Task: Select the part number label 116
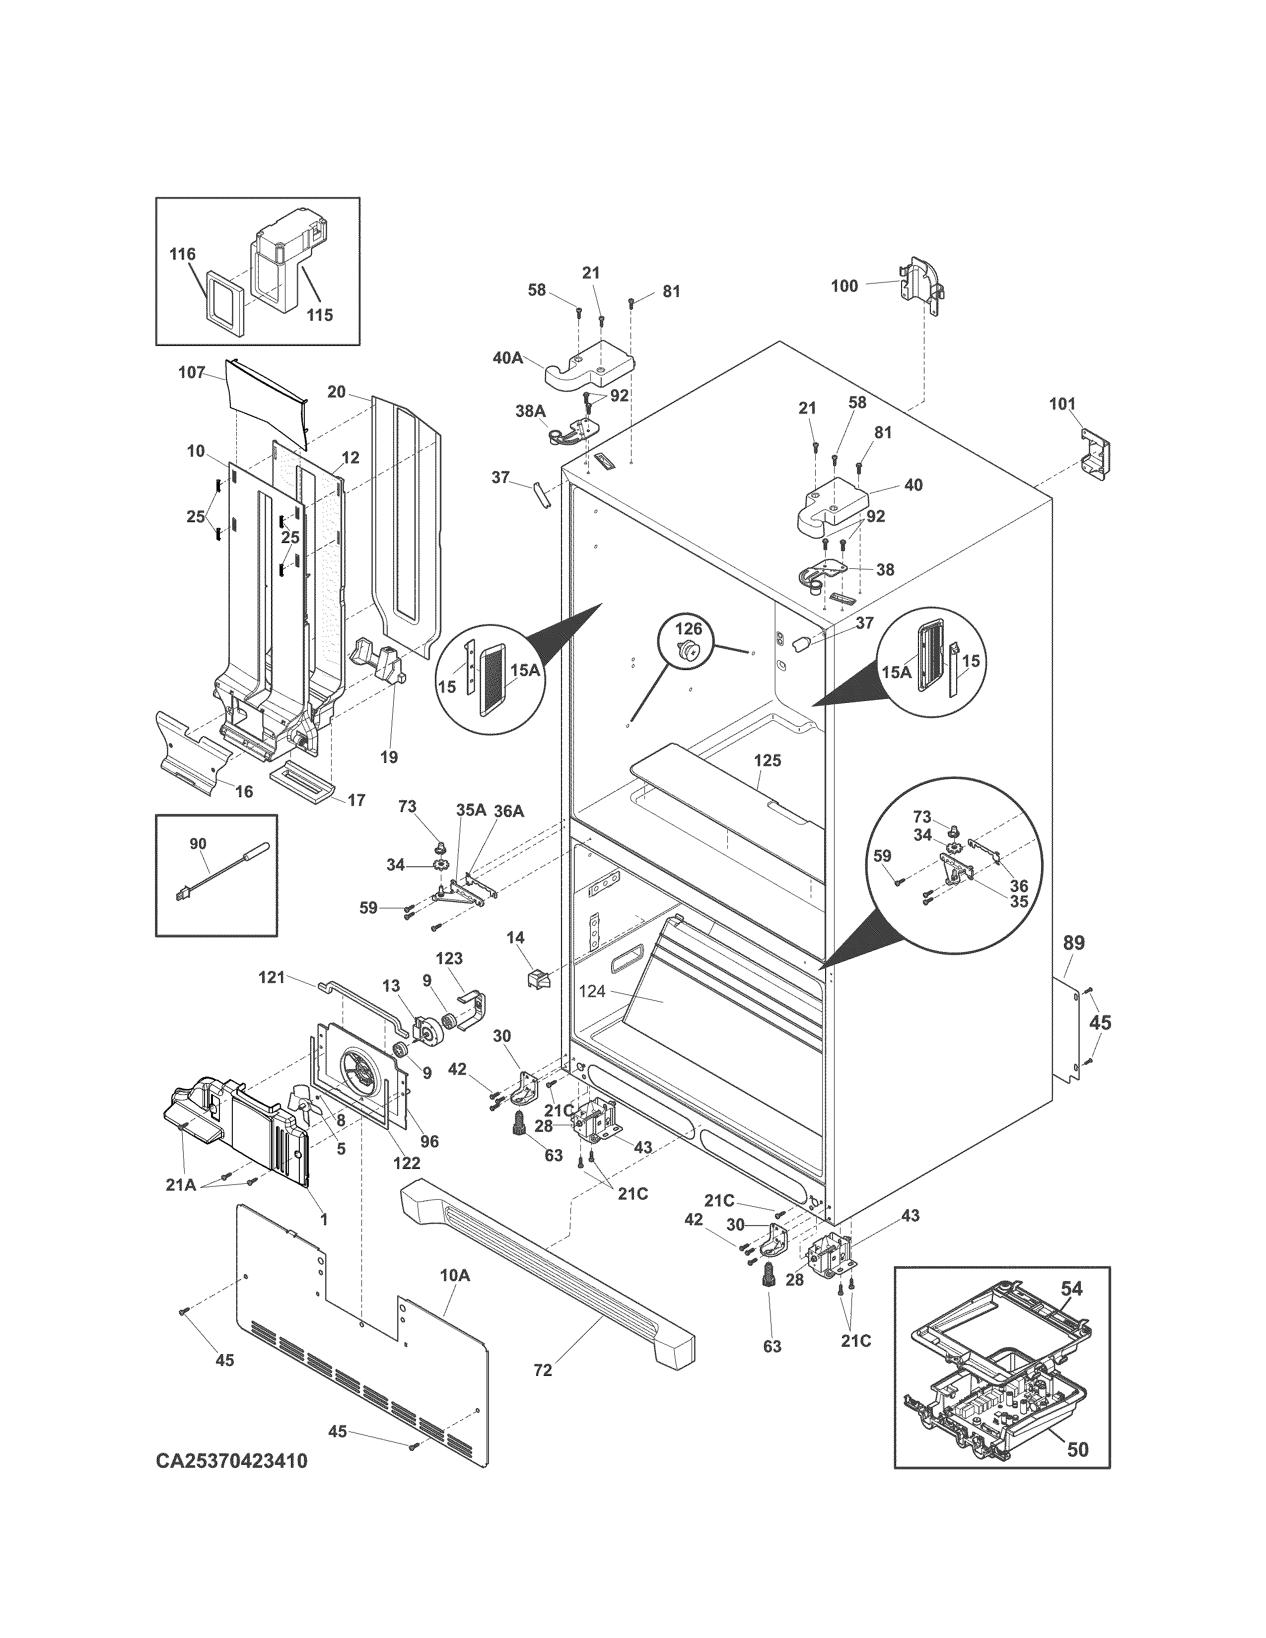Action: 182,254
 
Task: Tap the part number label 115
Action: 320,315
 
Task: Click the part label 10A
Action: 454,1275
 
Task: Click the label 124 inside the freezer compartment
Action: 592,992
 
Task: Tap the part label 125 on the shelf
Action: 767,760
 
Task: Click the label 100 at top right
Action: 844,286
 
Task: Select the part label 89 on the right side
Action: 1074,943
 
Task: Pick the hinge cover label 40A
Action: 508,358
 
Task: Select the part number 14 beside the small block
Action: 515,938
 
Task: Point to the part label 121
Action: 272,977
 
